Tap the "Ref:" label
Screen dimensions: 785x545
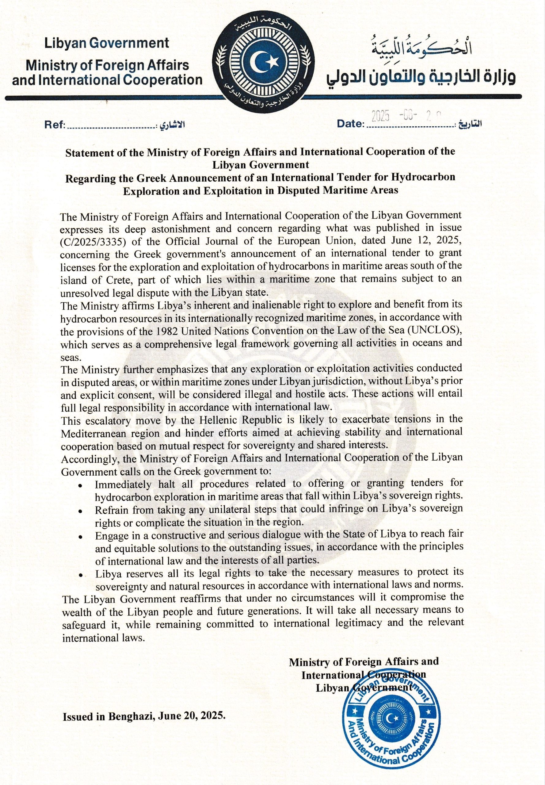55,125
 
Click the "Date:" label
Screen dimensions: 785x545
350,124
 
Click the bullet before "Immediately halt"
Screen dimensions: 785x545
80,486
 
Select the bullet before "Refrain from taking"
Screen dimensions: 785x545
80,511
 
